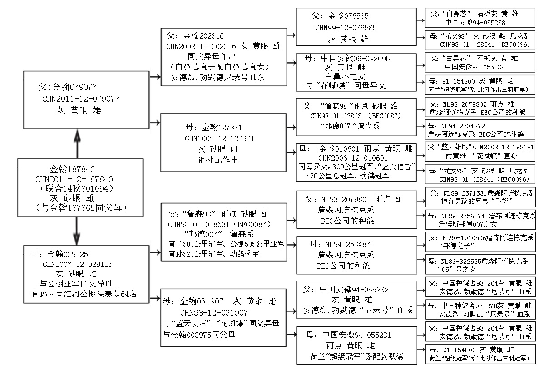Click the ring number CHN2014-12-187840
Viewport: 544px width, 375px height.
tap(74, 179)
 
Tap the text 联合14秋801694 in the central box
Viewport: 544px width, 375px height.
tap(77, 189)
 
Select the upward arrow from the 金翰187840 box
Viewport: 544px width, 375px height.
tap(77, 143)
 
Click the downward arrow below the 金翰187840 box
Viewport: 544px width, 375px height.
tap(77, 231)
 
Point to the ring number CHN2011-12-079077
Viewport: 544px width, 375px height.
tap(81, 99)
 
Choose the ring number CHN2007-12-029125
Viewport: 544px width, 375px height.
tap(78, 264)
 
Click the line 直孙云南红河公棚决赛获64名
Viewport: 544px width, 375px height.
tap(84, 294)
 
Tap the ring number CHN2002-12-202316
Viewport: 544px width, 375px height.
tap(201, 46)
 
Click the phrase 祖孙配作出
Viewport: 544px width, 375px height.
tap(218, 160)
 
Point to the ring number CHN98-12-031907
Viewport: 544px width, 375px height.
tap(214, 312)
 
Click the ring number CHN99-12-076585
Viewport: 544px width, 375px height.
tap(346, 28)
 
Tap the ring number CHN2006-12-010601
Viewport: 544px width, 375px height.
tap(353, 158)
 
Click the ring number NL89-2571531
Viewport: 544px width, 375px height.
tap(465, 193)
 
